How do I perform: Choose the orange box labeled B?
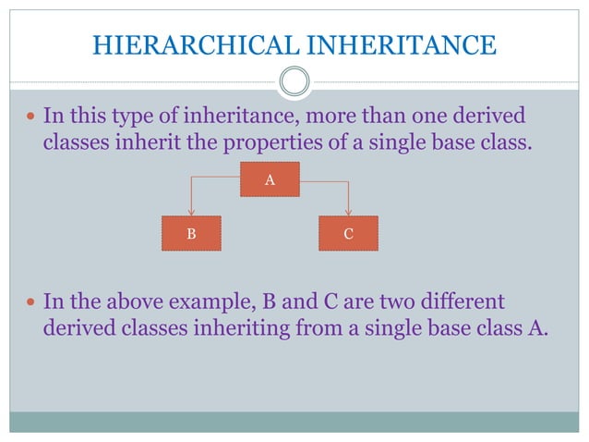coord(191,234)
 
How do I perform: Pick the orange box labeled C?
coord(348,234)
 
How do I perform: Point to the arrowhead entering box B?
coord(191,213)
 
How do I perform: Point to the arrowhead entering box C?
coord(348,213)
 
